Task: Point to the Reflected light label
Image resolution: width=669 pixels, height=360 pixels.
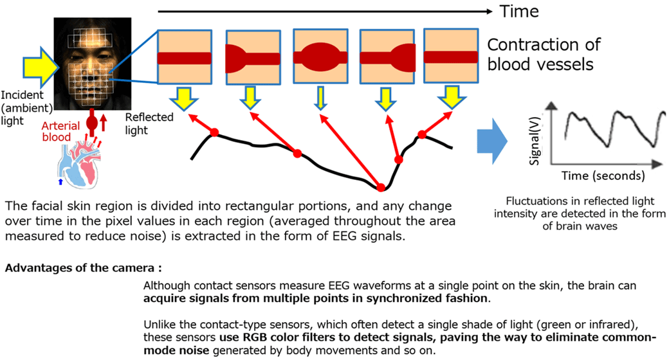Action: (141, 123)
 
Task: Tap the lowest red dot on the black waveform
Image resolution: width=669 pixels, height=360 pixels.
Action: (380, 188)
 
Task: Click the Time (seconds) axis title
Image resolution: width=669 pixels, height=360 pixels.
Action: (602, 175)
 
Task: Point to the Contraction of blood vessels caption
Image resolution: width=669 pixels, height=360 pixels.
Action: (544, 54)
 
